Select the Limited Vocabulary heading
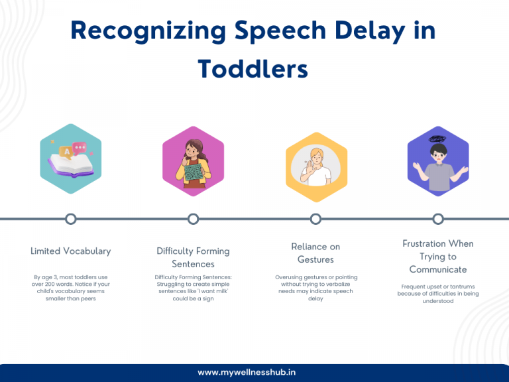point(70,251)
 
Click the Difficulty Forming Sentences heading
point(193,257)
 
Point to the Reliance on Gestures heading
point(315,253)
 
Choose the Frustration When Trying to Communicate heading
point(437,256)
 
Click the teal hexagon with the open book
point(70,160)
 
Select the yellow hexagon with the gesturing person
point(316,162)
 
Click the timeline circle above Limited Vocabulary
point(70,219)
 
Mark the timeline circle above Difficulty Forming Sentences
point(193,219)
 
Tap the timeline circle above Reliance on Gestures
point(315,219)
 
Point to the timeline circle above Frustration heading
point(437,219)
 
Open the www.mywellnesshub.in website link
point(254,372)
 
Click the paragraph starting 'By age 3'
point(70,287)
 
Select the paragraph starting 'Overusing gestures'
point(315,288)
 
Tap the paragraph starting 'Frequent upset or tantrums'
point(437,294)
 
